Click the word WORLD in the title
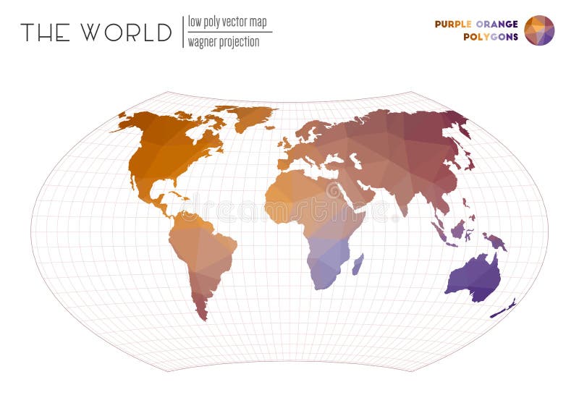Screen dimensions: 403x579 [x=126, y=33]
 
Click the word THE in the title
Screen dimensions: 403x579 [x=45, y=33]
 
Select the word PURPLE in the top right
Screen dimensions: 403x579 [x=454, y=24]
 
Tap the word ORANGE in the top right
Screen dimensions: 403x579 [x=498, y=24]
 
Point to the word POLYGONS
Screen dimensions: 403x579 [x=491, y=37]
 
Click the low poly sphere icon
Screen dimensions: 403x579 [x=539, y=30]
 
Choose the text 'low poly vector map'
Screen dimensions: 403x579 [x=227, y=22]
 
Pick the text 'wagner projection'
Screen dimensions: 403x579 [x=224, y=42]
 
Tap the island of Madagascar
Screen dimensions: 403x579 [x=358, y=263]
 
